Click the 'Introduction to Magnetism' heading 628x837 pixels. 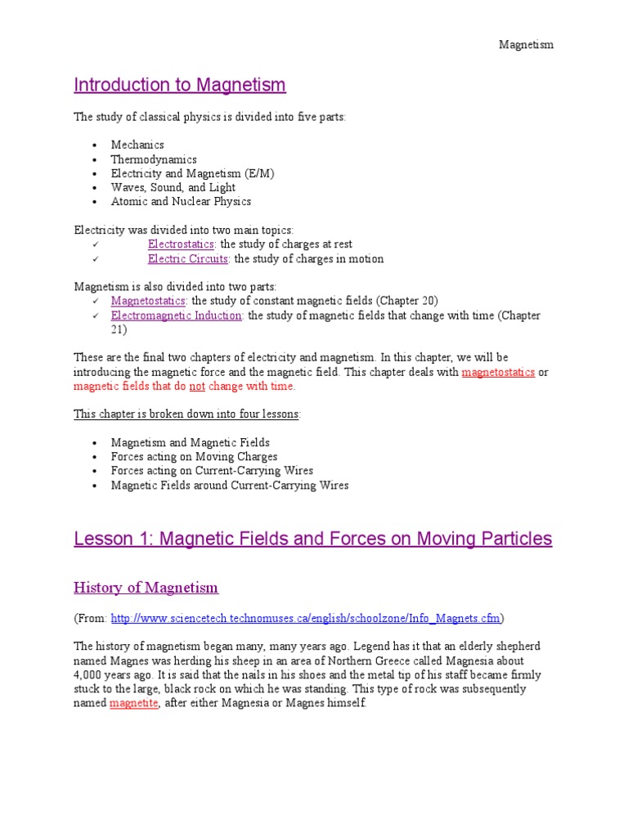[x=180, y=85]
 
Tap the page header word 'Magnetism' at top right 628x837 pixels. [x=527, y=45]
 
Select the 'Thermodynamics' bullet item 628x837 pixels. [x=154, y=159]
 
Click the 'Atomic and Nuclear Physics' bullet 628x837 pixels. [x=181, y=201]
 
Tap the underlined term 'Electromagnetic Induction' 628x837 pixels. [x=177, y=316]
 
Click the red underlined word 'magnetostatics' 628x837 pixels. [x=498, y=372]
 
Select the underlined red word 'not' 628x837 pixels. [x=197, y=387]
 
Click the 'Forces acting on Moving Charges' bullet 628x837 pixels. [x=194, y=457]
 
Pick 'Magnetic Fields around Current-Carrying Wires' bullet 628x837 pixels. [x=230, y=486]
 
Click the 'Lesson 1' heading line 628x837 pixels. [x=312, y=539]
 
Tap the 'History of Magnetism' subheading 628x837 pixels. [x=146, y=588]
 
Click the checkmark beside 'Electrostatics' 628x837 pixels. [x=96, y=244]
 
